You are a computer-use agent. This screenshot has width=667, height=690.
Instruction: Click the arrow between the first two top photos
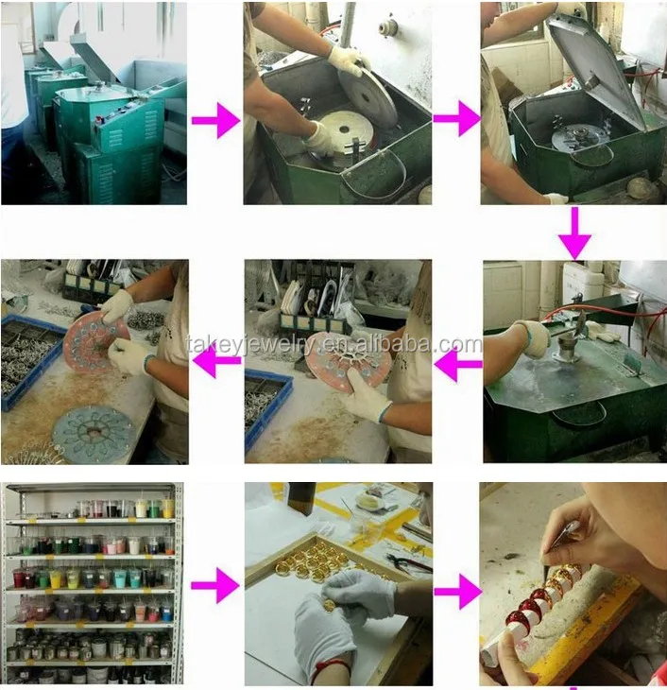click(x=215, y=120)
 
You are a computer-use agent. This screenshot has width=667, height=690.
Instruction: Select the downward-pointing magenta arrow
click(x=574, y=233)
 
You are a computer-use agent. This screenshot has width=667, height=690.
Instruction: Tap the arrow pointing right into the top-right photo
click(x=456, y=118)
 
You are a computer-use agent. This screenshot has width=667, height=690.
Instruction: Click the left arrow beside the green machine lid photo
click(x=457, y=364)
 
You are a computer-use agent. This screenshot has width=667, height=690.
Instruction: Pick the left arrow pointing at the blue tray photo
click(x=216, y=360)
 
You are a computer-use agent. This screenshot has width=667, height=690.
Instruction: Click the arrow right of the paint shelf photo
click(x=215, y=585)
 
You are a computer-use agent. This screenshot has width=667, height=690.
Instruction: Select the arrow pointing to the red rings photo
click(x=457, y=592)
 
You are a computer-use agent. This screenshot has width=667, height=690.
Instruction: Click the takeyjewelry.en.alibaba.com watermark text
click(x=334, y=344)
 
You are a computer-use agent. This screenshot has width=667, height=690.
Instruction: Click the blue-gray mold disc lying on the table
click(x=92, y=434)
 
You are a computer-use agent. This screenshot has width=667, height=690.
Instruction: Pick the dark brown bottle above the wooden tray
click(x=301, y=498)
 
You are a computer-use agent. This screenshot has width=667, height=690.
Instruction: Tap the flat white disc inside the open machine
click(x=346, y=129)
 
